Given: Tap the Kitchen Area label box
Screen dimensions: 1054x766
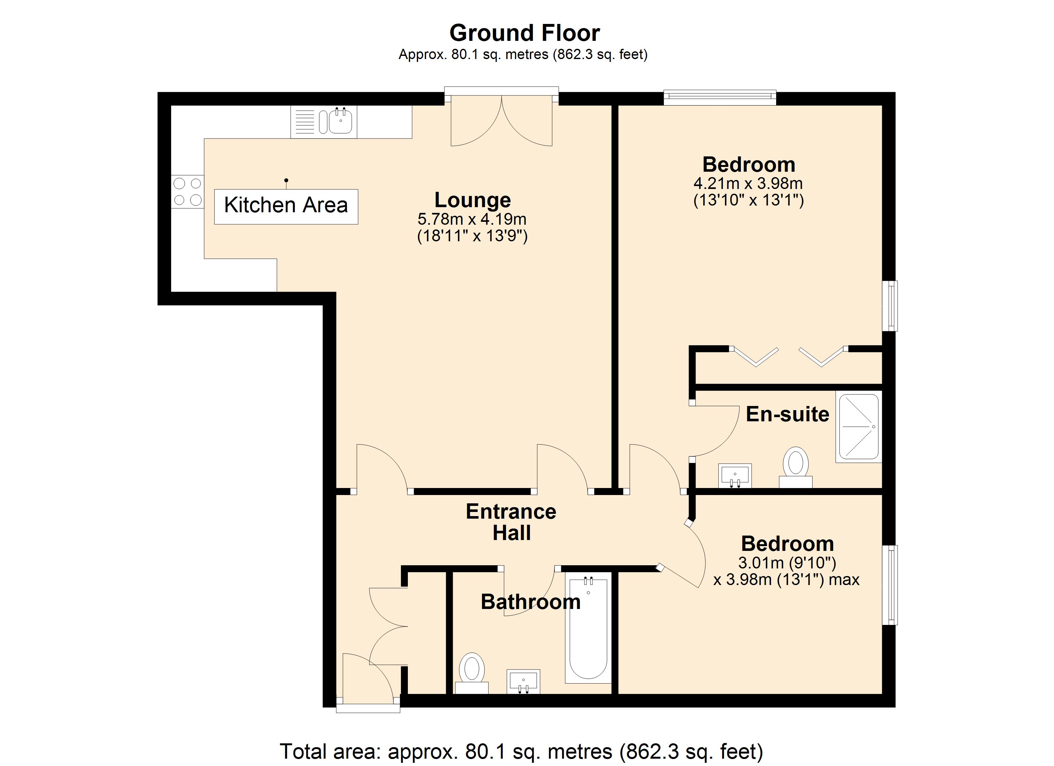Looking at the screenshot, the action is pyautogui.click(x=286, y=207).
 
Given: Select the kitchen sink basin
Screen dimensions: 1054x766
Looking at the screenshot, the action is pyautogui.click(x=341, y=122).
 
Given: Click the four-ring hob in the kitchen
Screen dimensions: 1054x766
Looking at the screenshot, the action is pyautogui.click(x=187, y=191).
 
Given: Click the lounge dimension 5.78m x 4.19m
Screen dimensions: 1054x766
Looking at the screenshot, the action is pyautogui.click(x=472, y=219).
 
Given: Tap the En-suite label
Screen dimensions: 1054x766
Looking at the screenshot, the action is pyautogui.click(x=787, y=414).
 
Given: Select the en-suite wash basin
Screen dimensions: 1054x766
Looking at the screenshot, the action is pyautogui.click(x=735, y=476).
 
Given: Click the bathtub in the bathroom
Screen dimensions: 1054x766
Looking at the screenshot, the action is pyautogui.click(x=588, y=629).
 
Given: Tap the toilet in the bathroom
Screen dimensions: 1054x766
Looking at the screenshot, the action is pyautogui.click(x=472, y=673).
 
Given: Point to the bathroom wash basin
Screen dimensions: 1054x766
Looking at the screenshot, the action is pyautogui.click(x=523, y=681).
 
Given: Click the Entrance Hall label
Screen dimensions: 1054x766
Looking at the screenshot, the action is pyautogui.click(x=511, y=522).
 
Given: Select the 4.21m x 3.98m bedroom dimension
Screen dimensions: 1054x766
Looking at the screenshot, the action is pyautogui.click(x=748, y=184).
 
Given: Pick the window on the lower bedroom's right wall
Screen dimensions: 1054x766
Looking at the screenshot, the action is pyautogui.click(x=890, y=585).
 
